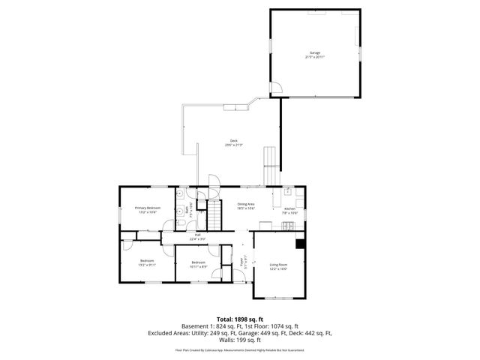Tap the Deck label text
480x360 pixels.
(234, 142)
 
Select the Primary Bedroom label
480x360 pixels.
(147, 207)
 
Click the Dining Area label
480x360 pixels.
(246, 204)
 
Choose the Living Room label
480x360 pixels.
(279, 264)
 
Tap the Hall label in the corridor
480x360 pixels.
(198, 235)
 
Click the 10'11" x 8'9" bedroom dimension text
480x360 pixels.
(199, 266)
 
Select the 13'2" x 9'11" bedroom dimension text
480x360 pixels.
(147, 265)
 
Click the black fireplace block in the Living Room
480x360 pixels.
(301, 243)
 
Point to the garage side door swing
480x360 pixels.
(276, 88)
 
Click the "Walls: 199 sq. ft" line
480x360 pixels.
(239, 340)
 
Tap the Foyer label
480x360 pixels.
(241, 262)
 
